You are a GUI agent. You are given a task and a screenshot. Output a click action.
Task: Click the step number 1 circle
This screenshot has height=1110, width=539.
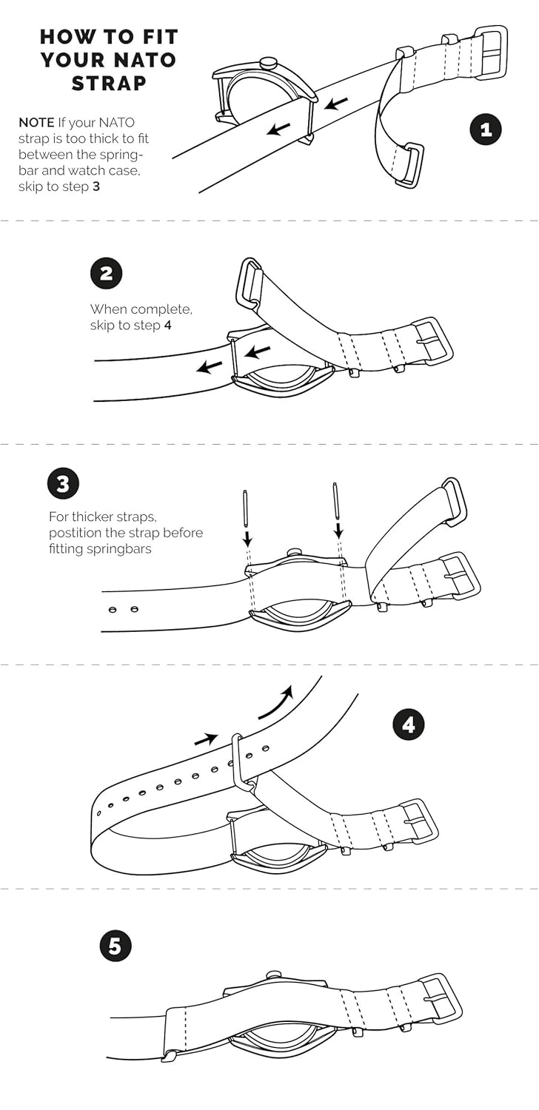(x=486, y=129)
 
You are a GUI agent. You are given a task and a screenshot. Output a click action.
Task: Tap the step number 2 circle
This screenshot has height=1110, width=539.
(x=106, y=274)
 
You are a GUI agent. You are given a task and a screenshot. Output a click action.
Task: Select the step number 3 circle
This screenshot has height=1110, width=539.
(x=64, y=483)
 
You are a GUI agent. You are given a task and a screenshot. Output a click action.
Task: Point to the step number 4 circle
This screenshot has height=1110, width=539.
(x=408, y=725)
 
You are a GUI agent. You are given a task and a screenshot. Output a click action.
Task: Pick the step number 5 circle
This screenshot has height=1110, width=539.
(x=115, y=946)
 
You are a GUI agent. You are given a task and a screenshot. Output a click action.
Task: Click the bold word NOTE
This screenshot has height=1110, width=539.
(x=36, y=122)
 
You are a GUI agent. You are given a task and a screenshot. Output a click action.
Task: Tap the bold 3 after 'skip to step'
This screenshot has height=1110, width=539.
(x=96, y=186)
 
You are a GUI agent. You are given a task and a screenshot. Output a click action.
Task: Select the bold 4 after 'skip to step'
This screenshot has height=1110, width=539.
(x=167, y=326)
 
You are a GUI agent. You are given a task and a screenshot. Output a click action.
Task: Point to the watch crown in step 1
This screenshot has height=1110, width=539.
(x=268, y=62)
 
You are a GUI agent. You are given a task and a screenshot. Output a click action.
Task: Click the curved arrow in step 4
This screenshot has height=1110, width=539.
(x=276, y=702)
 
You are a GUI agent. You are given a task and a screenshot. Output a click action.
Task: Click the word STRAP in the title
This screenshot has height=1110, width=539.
(x=109, y=83)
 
